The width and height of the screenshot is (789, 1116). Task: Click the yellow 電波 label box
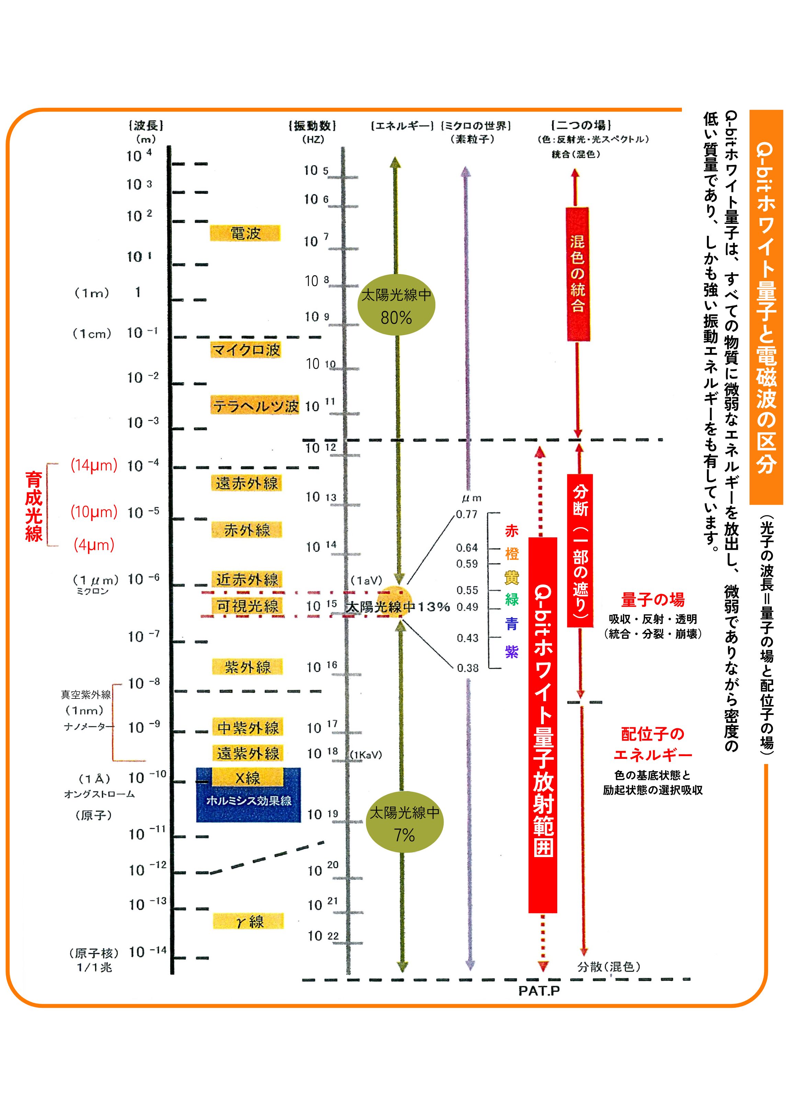pos(245,233)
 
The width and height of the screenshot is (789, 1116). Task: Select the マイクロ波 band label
pos(246,350)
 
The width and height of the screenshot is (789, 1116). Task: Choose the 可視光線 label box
pos(247,606)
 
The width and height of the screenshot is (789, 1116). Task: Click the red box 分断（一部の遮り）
pos(580,551)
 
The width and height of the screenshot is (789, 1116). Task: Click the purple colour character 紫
pos(512,651)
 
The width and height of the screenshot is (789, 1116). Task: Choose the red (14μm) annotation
pos(94,465)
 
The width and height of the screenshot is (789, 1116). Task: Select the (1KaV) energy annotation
pos(366,754)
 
